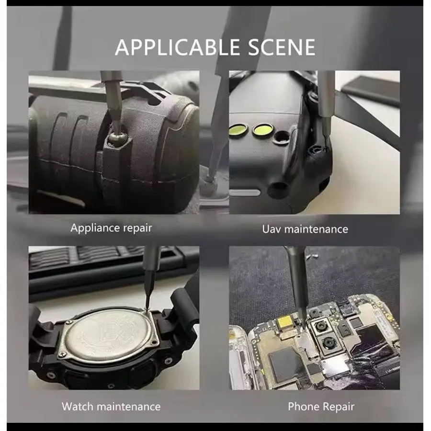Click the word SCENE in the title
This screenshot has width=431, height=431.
[x=282, y=47]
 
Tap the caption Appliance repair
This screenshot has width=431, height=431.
[x=111, y=228]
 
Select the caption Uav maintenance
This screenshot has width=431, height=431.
[x=305, y=229]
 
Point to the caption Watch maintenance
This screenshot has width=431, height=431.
[x=111, y=406]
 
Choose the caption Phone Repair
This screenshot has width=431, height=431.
[x=321, y=407]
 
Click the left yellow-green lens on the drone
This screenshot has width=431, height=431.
[x=238, y=130]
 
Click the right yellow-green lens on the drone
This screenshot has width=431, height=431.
[x=262, y=130]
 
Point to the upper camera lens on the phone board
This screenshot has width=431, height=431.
[x=320, y=327]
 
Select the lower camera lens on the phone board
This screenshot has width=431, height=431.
[x=328, y=343]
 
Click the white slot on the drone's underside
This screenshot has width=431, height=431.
[x=244, y=193]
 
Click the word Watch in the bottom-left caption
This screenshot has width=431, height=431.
[x=78, y=406]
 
